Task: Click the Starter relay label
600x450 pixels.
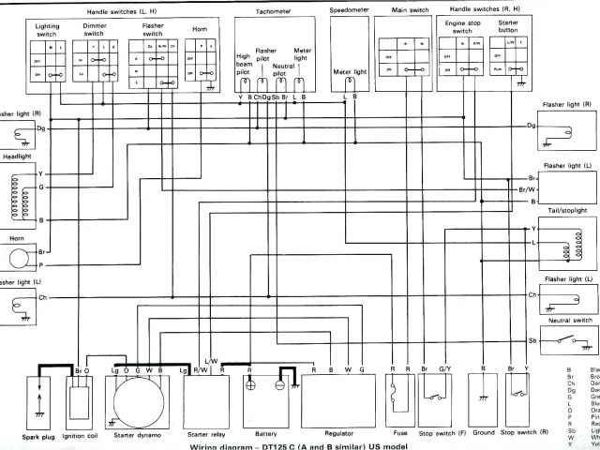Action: click(x=205, y=434)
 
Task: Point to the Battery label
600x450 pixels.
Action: click(x=266, y=434)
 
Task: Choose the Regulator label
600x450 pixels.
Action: click(x=337, y=434)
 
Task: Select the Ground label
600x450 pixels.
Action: click(x=484, y=434)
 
